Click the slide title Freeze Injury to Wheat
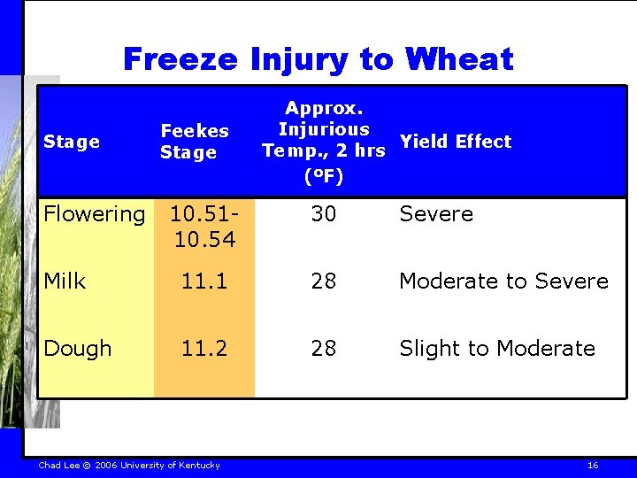(318, 59)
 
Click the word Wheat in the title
(458, 59)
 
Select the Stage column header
(71, 142)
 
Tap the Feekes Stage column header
(195, 142)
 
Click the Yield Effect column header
(455, 142)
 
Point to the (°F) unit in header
(323, 176)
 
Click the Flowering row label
(95, 214)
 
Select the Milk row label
(65, 281)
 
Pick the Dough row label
(78, 349)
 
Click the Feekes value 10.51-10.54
(203, 226)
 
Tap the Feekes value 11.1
(203, 281)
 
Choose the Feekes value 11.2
(203, 349)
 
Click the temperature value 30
(323, 214)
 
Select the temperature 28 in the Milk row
(323, 281)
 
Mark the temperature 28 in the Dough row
(323, 349)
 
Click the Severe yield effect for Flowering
(436, 214)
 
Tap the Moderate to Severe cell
(503, 281)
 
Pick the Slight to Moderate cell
(496, 349)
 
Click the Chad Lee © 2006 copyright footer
(129, 466)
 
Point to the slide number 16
(593, 466)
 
